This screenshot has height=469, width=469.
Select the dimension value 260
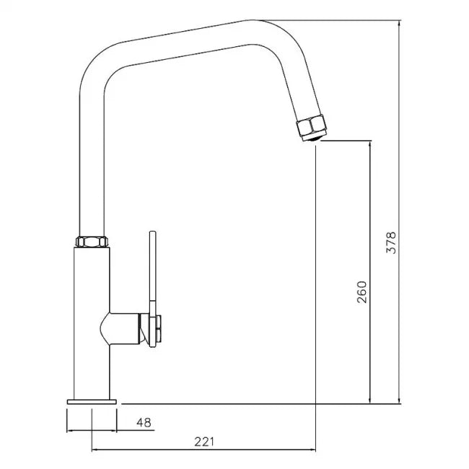pyautogui.click(x=362, y=292)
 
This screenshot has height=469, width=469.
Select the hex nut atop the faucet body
pyautogui.click(x=92, y=242)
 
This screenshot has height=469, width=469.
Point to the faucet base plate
pyautogui.click(x=92, y=399)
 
